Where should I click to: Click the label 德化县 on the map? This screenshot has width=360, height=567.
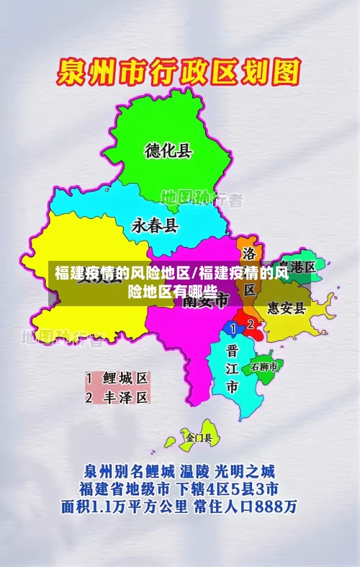(x=168, y=151)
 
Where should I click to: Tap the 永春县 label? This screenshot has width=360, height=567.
(x=154, y=226)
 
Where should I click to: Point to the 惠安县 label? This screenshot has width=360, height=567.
(x=287, y=308)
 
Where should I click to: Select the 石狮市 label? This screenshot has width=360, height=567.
(x=264, y=367)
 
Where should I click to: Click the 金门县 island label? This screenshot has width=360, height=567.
(x=199, y=437)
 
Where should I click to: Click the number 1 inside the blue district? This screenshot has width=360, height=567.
(x=232, y=328)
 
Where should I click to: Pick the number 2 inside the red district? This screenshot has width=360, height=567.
(x=250, y=324)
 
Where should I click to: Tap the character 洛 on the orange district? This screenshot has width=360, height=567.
(x=249, y=254)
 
